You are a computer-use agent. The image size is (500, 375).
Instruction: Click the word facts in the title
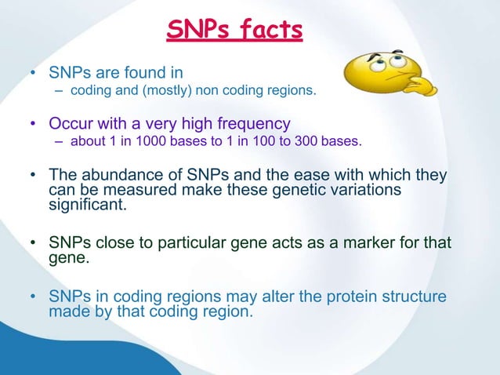(x=269, y=30)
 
